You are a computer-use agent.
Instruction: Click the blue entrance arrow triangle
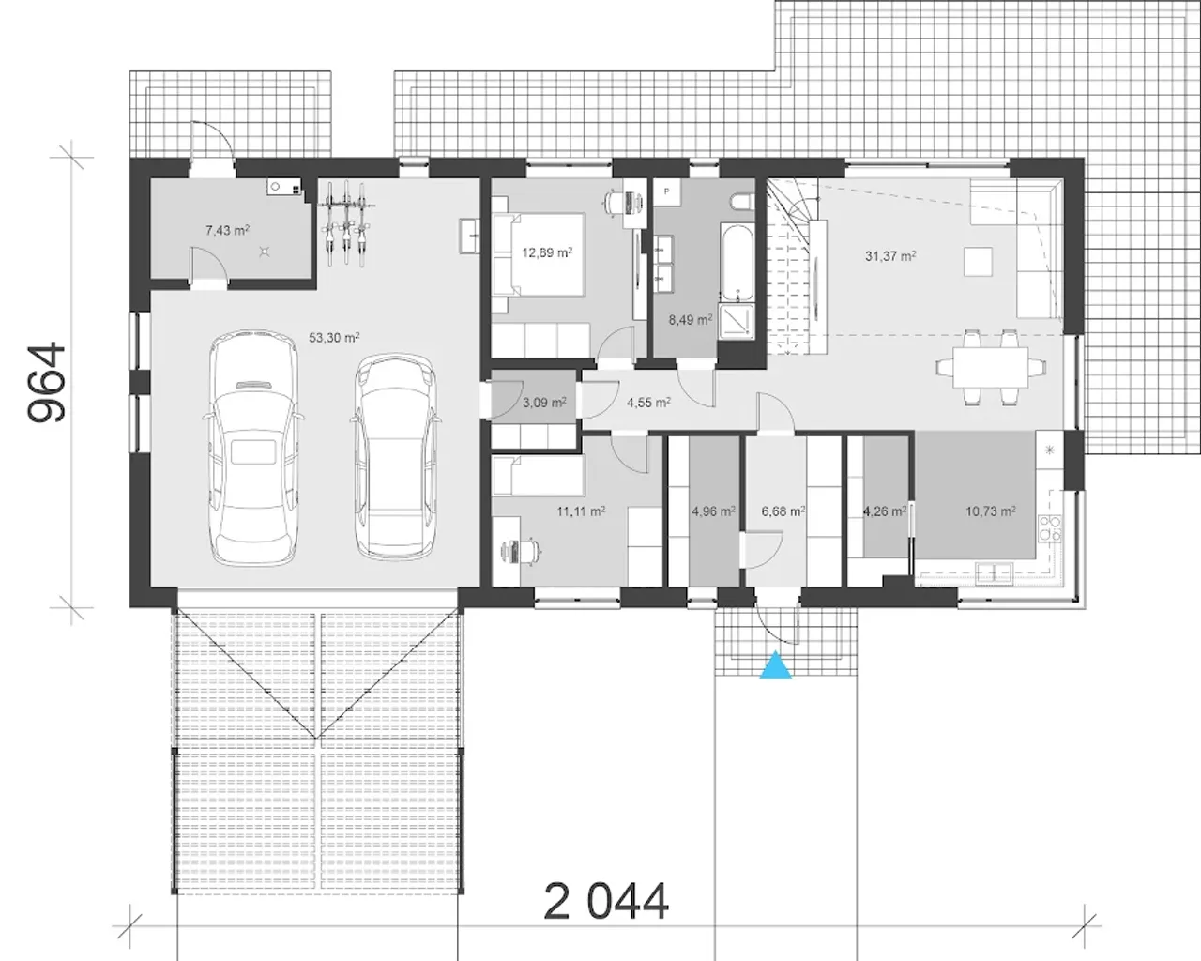click(x=776, y=665)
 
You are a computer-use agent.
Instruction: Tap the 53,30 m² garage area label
click(x=334, y=338)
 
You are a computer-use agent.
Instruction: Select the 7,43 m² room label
click(x=227, y=230)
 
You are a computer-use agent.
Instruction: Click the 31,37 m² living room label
click(x=890, y=256)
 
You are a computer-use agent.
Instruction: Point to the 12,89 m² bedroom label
click(x=547, y=252)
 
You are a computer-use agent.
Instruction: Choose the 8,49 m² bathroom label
click(x=691, y=320)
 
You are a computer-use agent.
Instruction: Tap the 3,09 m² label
click(x=545, y=402)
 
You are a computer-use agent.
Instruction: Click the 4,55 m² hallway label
click(x=648, y=402)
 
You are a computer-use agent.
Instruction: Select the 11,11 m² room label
click(x=581, y=511)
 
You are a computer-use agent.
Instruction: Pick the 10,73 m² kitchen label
click(x=991, y=511)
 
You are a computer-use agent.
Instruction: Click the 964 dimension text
click(x=47, y=382)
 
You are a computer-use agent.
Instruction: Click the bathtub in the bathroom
click(x=737, y=263)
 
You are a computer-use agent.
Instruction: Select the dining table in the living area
click(x=991, y=367)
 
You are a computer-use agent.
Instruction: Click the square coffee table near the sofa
click(x=978, y=262)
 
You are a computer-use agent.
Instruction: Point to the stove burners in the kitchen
click(x=1050, y=528)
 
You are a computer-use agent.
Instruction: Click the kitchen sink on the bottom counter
click(x=994, y=573)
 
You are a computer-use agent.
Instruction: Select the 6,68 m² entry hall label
click(x=783, y=511)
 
